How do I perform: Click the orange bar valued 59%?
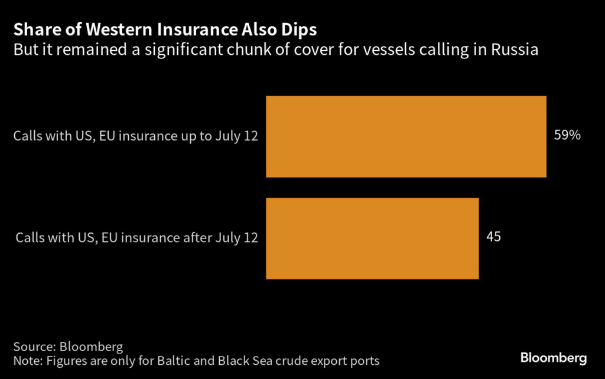coord(406,136)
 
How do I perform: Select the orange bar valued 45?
coord(372,238)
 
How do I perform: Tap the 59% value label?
coord(567,135)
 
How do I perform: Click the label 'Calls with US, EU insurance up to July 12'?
coord(136,136)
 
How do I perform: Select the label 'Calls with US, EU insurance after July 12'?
coord(136,238)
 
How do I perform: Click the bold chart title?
coord(165,30)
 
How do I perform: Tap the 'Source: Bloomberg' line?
coord(64,346)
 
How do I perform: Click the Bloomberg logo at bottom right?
coord(553,358)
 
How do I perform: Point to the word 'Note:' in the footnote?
coord(27,360)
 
